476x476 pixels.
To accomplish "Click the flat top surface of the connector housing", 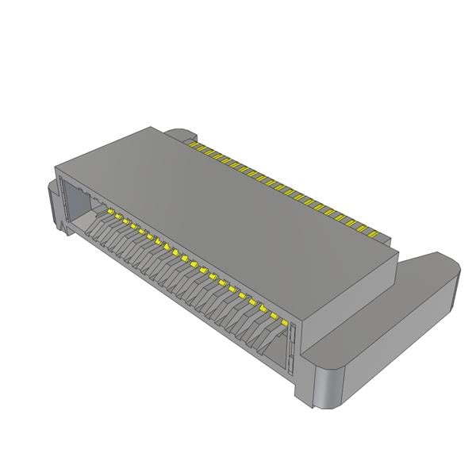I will click(230, 206).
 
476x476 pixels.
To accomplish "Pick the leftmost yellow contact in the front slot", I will click(109, 213).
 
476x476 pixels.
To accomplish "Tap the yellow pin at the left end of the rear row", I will click(191, 144).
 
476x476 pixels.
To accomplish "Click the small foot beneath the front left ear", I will click(60, 225).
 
